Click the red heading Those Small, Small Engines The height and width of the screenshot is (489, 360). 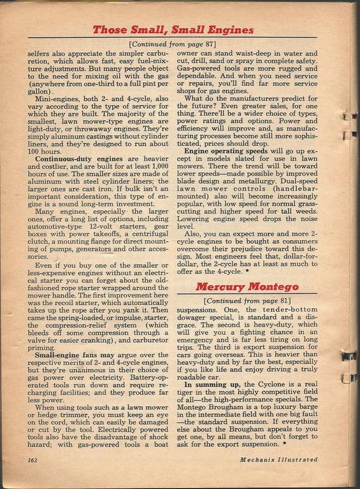[173, 29]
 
